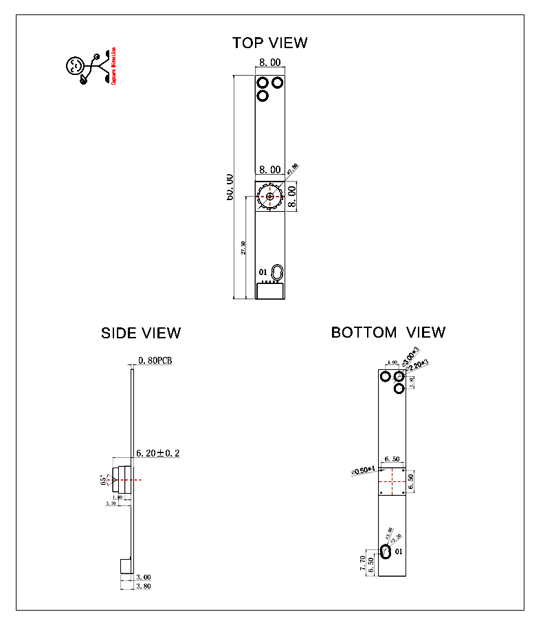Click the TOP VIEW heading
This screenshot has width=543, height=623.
tap(269, 43)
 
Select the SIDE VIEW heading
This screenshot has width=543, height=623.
tap(141, 333)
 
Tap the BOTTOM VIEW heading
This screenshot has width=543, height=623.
tap(388, 332)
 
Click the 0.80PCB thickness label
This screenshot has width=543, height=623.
tap(155, 360)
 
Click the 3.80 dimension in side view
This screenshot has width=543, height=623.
tap(143, 587)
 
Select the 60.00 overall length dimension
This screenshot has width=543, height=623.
tap(230, 187)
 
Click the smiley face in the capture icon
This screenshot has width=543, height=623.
tap(74, 66)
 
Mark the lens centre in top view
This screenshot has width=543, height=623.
tap(269, 197)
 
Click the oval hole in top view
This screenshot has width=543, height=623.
tap(276, 272)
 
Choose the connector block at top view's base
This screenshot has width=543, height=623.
tap(269, 291)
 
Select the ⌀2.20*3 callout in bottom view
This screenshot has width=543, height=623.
tap(418, 365)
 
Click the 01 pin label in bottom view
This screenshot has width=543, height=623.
tap(400, 551)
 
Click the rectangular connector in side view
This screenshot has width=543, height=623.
tap(125, 566)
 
